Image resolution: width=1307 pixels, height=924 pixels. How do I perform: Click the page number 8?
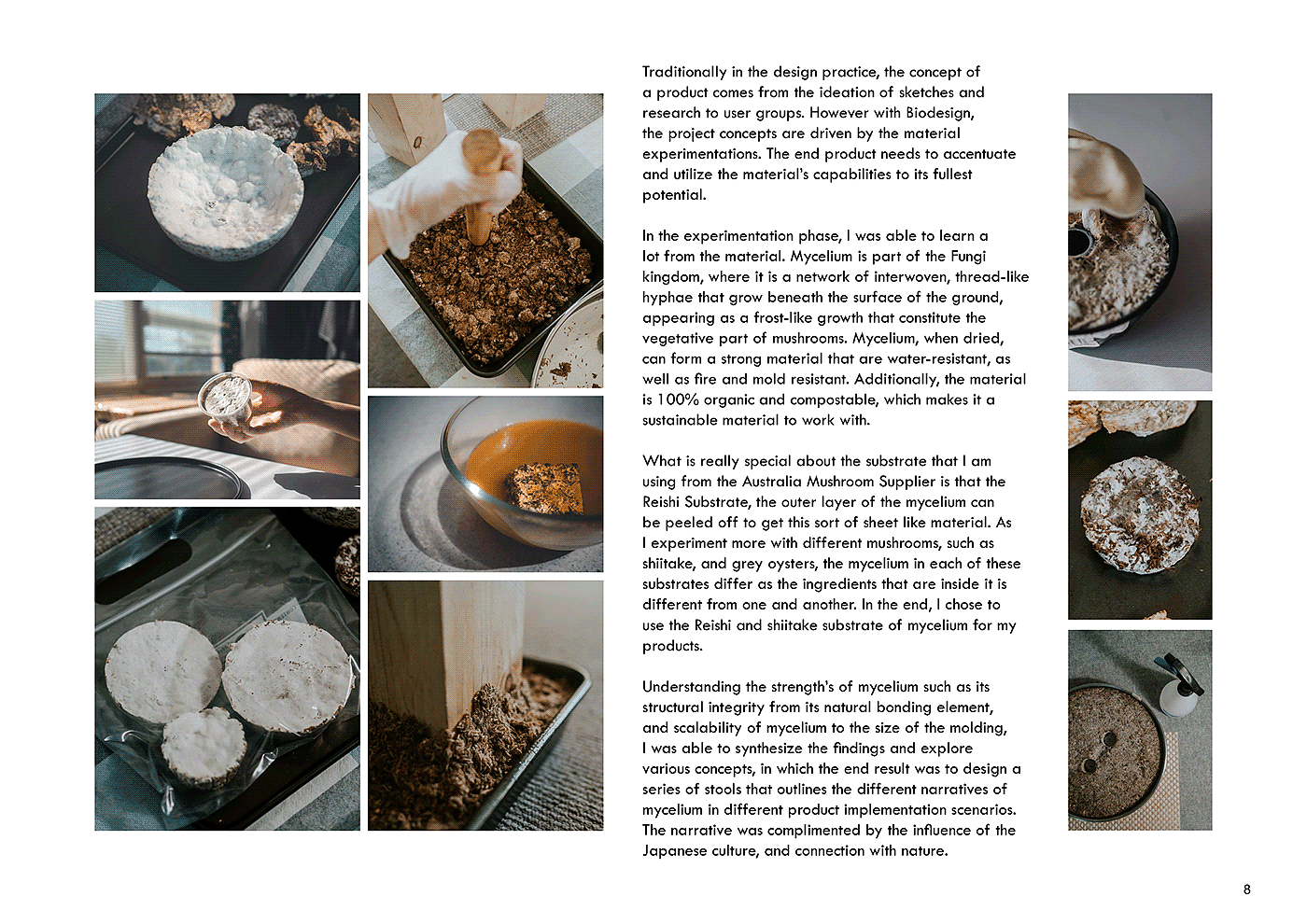pos(1247,889)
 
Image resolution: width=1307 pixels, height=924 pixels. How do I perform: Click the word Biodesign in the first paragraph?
pos(939,113)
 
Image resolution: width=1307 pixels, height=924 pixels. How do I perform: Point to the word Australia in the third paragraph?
pos(773,482)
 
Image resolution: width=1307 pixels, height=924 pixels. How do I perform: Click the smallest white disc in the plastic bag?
pos(204,748)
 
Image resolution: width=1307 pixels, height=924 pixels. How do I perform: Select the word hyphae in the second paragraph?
pos(668,298)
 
